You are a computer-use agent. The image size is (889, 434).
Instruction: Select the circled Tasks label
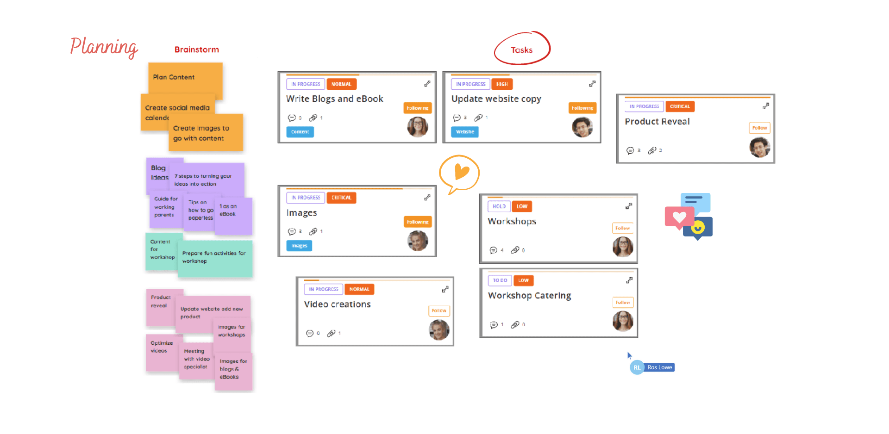coord(521,50)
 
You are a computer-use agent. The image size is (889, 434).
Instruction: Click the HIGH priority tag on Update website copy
coord(502,84)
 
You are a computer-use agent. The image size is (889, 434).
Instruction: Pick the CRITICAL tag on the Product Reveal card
coord(679,106)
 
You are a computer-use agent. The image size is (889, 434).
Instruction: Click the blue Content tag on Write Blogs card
coord(300,132)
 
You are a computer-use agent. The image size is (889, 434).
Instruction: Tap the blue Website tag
coord(465,132)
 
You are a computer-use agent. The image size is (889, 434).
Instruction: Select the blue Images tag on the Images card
coord(299,246)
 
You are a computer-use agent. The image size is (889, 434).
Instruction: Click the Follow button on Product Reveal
coord(759,128)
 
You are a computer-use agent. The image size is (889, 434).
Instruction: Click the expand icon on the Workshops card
coord(629,206)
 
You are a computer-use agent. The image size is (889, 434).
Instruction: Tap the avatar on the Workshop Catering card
coord(623,321)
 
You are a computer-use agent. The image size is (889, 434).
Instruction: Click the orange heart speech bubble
coord(459,173)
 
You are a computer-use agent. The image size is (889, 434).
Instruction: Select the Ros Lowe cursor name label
coord(659,367)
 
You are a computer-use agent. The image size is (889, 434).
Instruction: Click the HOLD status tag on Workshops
coord(499,206)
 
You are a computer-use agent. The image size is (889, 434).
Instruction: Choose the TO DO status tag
coord(500,280)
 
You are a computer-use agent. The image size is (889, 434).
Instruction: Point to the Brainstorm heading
coord(196,50)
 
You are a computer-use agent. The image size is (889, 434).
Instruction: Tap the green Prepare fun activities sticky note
coord(215,258)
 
